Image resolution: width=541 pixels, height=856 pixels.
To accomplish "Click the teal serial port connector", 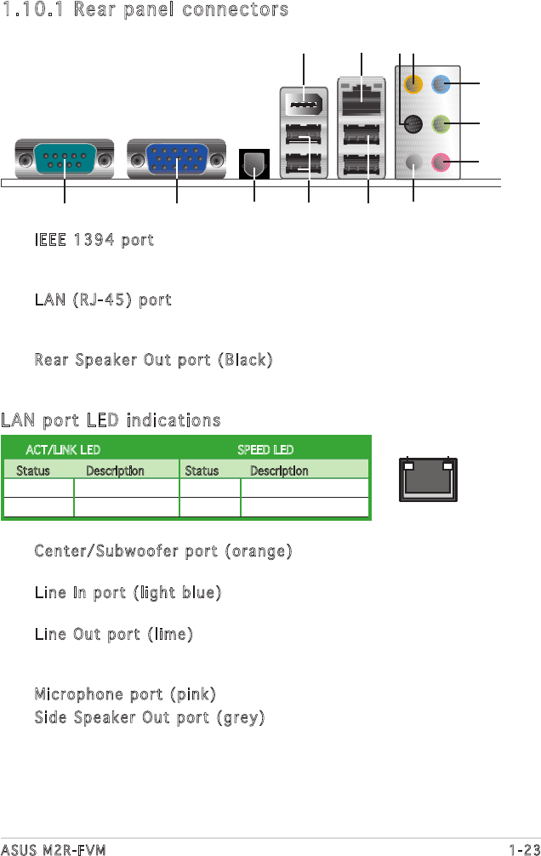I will coord(65,158).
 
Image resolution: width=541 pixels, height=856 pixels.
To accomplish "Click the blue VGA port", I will coord(176,158).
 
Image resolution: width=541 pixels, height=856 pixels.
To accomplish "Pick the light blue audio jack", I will coord(441,83).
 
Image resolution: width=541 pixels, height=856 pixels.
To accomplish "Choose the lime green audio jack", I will coord(441,124).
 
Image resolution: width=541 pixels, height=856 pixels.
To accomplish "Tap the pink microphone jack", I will coord(441,160).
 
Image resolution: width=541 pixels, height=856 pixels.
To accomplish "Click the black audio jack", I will coord(413,124).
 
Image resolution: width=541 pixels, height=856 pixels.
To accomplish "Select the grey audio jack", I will coord(413,160).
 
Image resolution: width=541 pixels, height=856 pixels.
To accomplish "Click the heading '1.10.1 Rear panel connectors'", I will coord(145,10).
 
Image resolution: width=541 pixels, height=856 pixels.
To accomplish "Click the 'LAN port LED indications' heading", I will coord(111,420).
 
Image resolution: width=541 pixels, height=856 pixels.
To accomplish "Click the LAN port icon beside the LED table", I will coord(428,480).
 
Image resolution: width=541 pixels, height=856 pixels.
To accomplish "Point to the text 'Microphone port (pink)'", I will coord(125,693).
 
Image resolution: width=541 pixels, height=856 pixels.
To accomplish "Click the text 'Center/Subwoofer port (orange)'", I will coord(163,551).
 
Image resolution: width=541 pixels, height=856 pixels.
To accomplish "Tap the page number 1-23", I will coord(524,847).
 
